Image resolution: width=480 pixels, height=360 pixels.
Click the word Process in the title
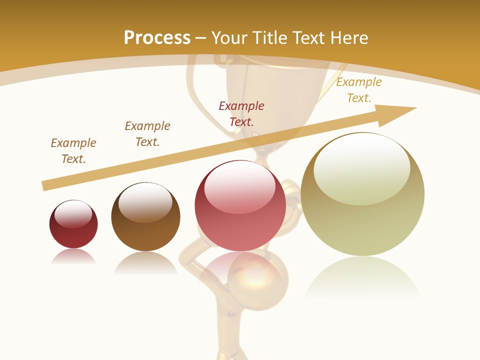157,38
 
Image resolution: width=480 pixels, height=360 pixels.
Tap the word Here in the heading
348,38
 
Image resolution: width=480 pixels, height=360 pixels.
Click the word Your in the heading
228,38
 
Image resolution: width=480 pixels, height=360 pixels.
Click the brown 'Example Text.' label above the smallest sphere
73,151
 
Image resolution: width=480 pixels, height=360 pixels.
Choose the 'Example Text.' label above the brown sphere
147,134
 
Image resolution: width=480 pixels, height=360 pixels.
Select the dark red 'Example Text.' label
241,113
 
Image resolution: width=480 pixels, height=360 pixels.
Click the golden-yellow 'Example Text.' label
359,90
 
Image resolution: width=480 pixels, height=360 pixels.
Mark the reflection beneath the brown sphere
145,262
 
